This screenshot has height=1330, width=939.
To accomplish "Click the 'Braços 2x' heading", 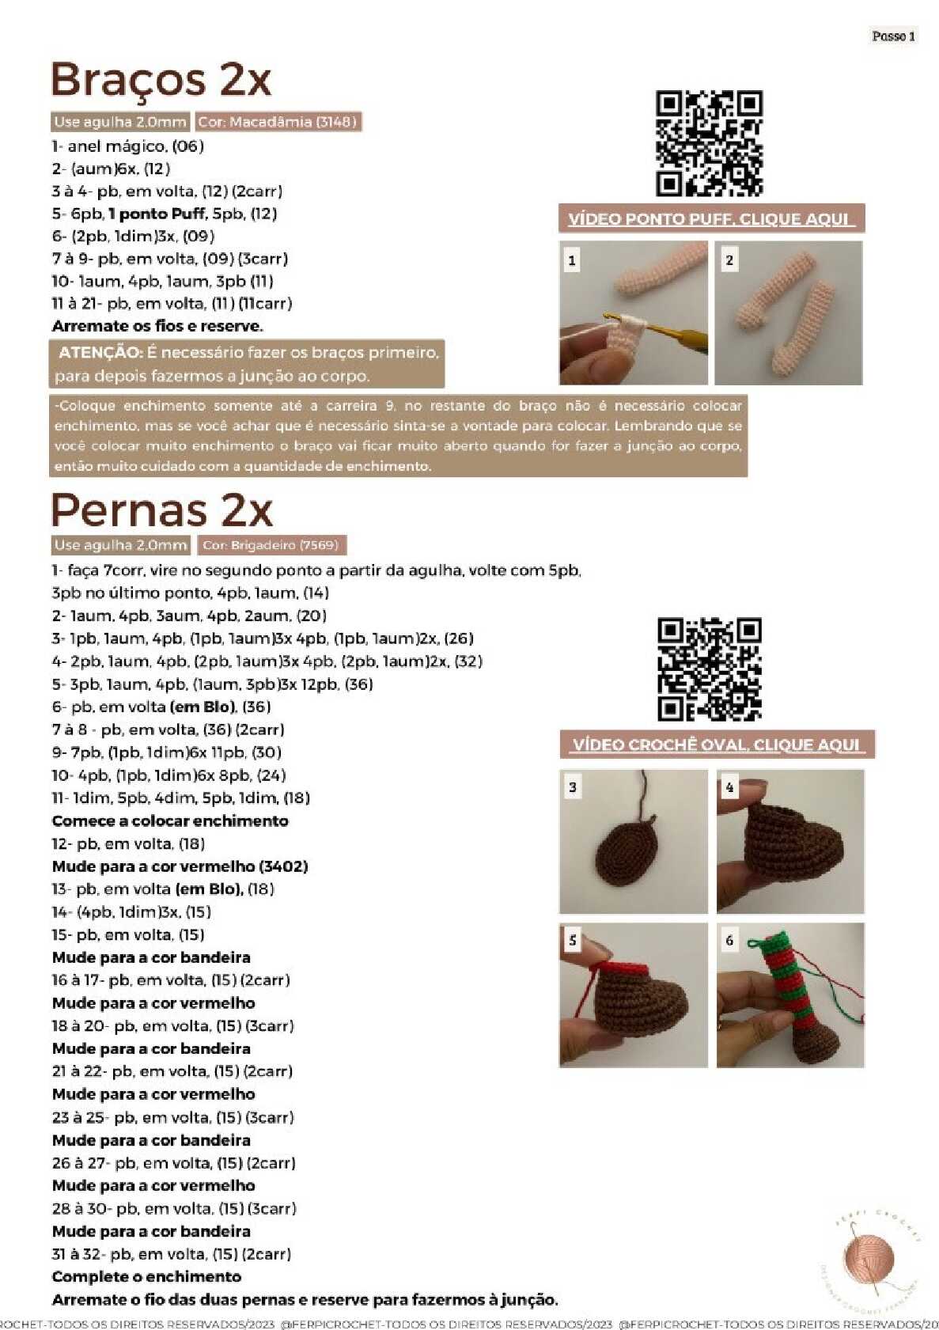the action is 161,80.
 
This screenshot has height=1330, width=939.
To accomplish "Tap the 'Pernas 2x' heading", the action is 161,510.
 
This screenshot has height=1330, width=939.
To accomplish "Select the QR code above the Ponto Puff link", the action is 709,143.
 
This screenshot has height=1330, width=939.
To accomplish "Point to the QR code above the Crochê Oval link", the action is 709,669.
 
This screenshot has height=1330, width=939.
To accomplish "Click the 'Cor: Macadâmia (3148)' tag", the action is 278,122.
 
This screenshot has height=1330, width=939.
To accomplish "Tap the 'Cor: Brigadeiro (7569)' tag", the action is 271,545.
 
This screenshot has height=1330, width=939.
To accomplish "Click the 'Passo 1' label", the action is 893,36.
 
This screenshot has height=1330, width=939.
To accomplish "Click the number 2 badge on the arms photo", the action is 729,260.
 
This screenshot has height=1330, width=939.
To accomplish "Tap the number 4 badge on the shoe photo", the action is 729,787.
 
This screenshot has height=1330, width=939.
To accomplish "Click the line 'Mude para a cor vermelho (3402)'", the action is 180,866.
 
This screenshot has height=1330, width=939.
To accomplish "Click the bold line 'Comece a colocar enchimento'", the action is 170,821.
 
